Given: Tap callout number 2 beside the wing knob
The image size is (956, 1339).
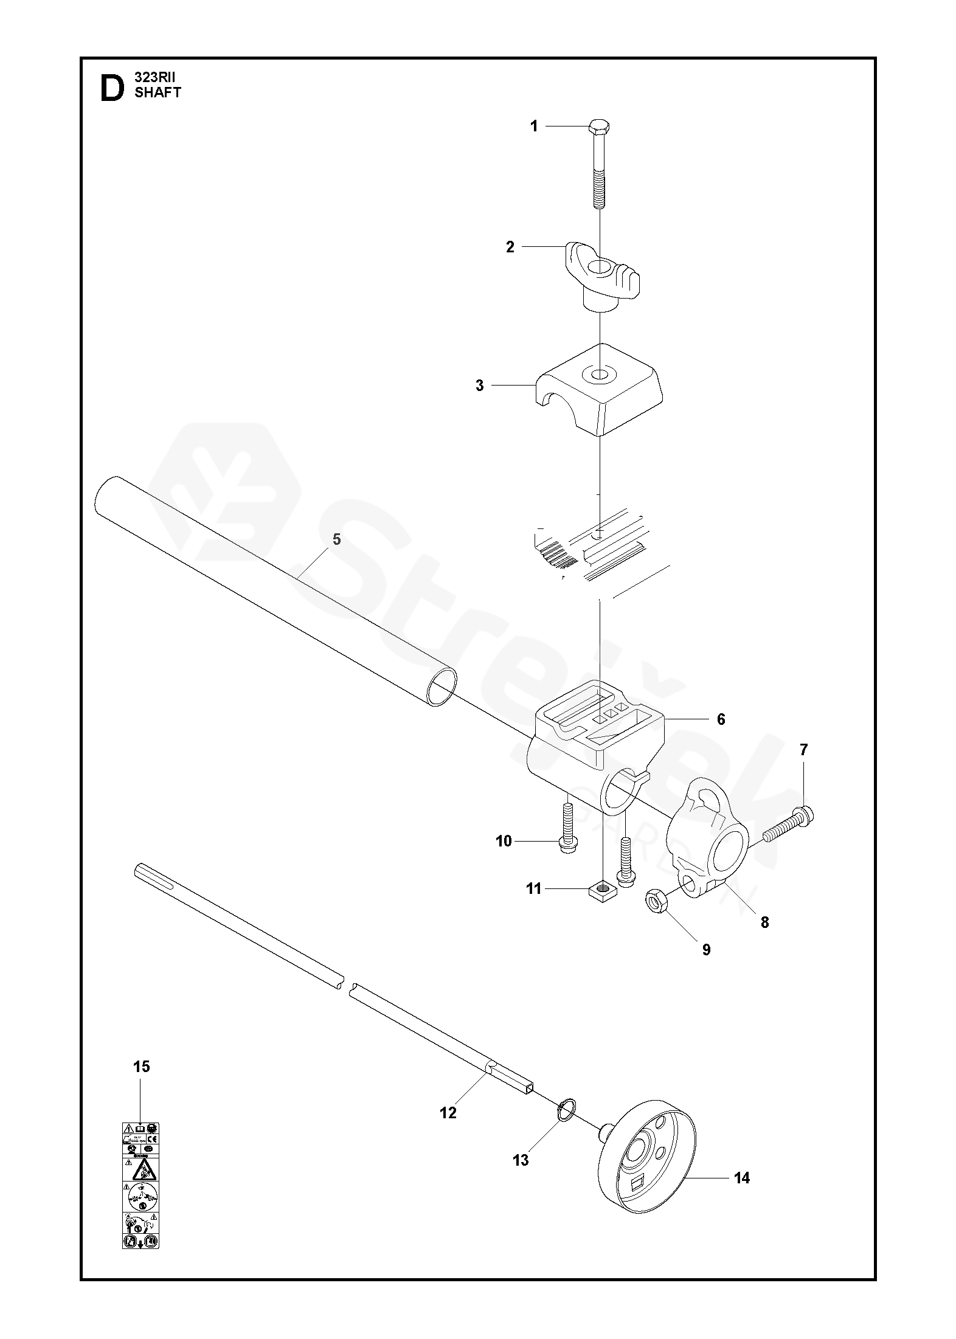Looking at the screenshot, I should pyautogui.click(x=510, y=247).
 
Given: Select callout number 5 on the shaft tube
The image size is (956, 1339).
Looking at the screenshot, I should pyautogui.click(x=337, y=539).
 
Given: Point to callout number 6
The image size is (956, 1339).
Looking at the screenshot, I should pyautogui.click(x=721, y=719).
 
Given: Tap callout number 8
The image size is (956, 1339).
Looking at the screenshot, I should pyautogui.click(x=764, y=922).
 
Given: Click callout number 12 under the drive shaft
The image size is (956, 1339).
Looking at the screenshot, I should pyautogui.click(x=448, y=1113).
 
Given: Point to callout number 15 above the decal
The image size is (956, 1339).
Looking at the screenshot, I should pyautogui.click(x=141, y=1067).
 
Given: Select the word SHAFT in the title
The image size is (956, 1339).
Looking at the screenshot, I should pyautogui.click(x=158, y=92).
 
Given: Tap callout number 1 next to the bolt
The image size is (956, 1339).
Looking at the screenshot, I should pyautogui.click(x=534, y=126).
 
